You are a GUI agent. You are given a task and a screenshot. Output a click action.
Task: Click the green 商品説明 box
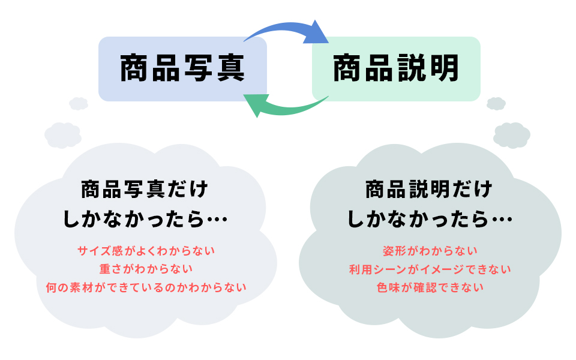pos(396,68)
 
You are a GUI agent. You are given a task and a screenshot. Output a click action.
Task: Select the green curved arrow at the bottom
pos(288,108)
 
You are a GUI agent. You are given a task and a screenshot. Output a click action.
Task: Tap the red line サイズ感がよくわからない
pos(146,250)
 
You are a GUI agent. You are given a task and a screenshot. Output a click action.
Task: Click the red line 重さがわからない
pos(146,268)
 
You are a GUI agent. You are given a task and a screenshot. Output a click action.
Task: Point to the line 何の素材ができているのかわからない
pos(146,287)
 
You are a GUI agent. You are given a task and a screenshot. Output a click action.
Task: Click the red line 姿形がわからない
pos(430,250)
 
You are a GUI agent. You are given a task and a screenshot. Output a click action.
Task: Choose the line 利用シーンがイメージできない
pos(430,269)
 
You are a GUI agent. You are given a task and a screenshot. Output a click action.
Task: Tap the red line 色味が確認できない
pos(430,287)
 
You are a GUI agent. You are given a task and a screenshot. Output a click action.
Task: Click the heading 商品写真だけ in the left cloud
pos(144,191)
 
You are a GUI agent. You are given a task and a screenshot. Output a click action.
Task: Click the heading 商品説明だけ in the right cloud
pos(428,191)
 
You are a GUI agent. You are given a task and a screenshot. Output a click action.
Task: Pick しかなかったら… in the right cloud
pos(430,220)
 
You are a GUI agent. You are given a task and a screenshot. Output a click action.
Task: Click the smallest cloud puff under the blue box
pos(79,104)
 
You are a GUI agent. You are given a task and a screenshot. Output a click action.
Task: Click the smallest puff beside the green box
pos(496,104)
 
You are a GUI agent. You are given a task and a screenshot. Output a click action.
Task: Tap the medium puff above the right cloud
pos(512,134)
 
